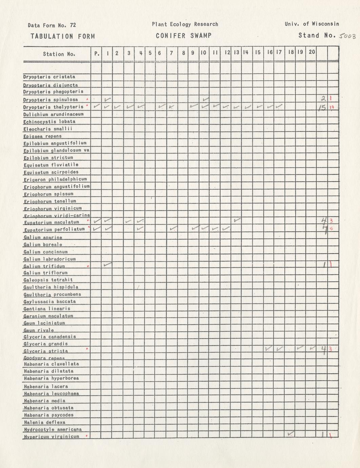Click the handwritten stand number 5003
pos(346,36)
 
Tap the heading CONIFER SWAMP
pos(184,36)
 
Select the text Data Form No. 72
pos(52,25)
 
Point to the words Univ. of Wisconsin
pos(312,24)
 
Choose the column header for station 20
pos(312,52)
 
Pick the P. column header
pos(97,53)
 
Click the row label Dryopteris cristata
pos(49,77)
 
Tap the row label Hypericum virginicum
pos(52,436)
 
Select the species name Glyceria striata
pos(46,351)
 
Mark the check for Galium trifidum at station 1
pos(108,264)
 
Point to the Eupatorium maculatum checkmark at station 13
pos(237,220)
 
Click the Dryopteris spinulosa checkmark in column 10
pos(205,99)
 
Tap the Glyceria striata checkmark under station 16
pos(268,348)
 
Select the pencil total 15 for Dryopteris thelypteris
pos(322,108)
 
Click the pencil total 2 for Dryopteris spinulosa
pos(323,99)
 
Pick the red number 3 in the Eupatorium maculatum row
pos(331,221)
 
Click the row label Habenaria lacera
pos(46,386)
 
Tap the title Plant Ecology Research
pos(185,24)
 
